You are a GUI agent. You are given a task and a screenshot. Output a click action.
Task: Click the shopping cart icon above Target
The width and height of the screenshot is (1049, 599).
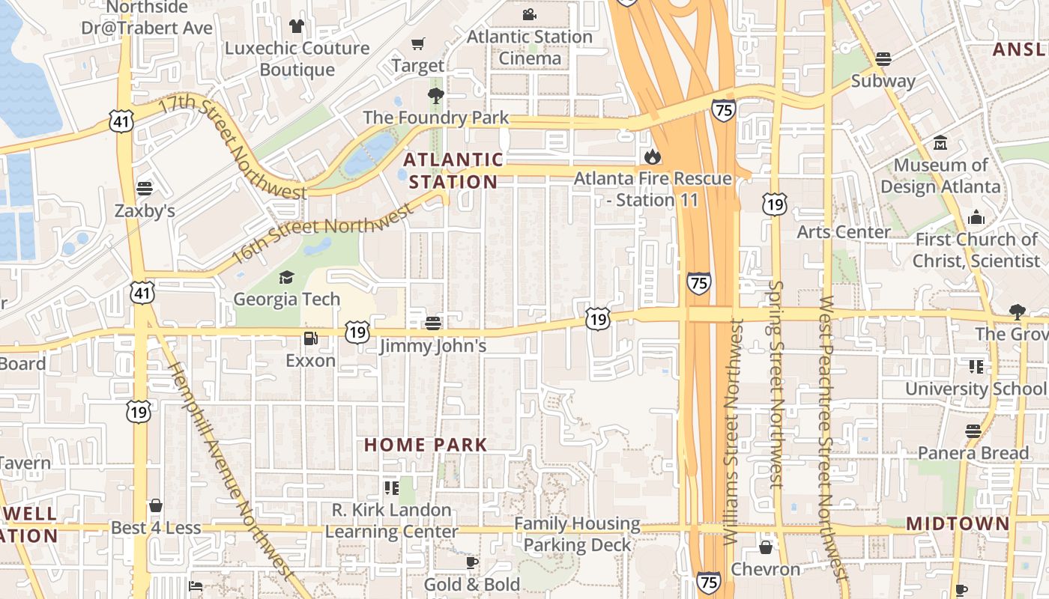(418, 44)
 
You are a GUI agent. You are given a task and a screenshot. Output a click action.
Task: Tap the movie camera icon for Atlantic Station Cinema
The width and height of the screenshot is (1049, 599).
(530, 15)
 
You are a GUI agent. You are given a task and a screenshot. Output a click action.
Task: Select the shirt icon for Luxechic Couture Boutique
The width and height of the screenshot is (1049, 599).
(297, 26)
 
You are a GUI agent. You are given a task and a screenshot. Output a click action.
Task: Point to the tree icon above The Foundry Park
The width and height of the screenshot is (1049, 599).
(435, 95)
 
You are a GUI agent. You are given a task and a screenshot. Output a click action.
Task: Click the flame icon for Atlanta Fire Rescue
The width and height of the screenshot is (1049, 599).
(652, 156)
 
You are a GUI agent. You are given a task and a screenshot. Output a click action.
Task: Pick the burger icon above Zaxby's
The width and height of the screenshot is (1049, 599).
(145, 189)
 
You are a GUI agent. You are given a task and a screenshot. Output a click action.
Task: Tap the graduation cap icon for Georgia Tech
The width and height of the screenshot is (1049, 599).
(286, 278)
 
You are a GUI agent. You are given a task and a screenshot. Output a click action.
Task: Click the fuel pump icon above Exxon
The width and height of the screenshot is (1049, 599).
(311, 338)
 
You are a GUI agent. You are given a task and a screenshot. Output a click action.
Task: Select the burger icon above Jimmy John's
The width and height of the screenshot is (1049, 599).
(433, 323)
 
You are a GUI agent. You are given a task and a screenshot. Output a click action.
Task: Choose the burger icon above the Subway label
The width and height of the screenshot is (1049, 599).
(883, 59)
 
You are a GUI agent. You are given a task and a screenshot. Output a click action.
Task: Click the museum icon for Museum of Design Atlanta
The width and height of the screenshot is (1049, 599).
(940, 142)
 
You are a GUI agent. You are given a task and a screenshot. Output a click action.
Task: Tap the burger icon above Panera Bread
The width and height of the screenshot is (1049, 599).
(973, 431)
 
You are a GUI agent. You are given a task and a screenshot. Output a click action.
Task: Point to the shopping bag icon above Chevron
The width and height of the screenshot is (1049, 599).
(766, 547)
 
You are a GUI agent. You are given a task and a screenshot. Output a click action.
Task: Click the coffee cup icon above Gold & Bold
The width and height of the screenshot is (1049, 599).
(471, 562)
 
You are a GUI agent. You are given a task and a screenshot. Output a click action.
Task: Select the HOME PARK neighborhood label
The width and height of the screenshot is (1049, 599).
(426, 445)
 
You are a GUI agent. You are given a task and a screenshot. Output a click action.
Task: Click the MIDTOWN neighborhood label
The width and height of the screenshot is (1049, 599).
(958, 523)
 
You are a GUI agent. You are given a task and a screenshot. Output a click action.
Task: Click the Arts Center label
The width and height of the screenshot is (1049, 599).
(843, 232)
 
